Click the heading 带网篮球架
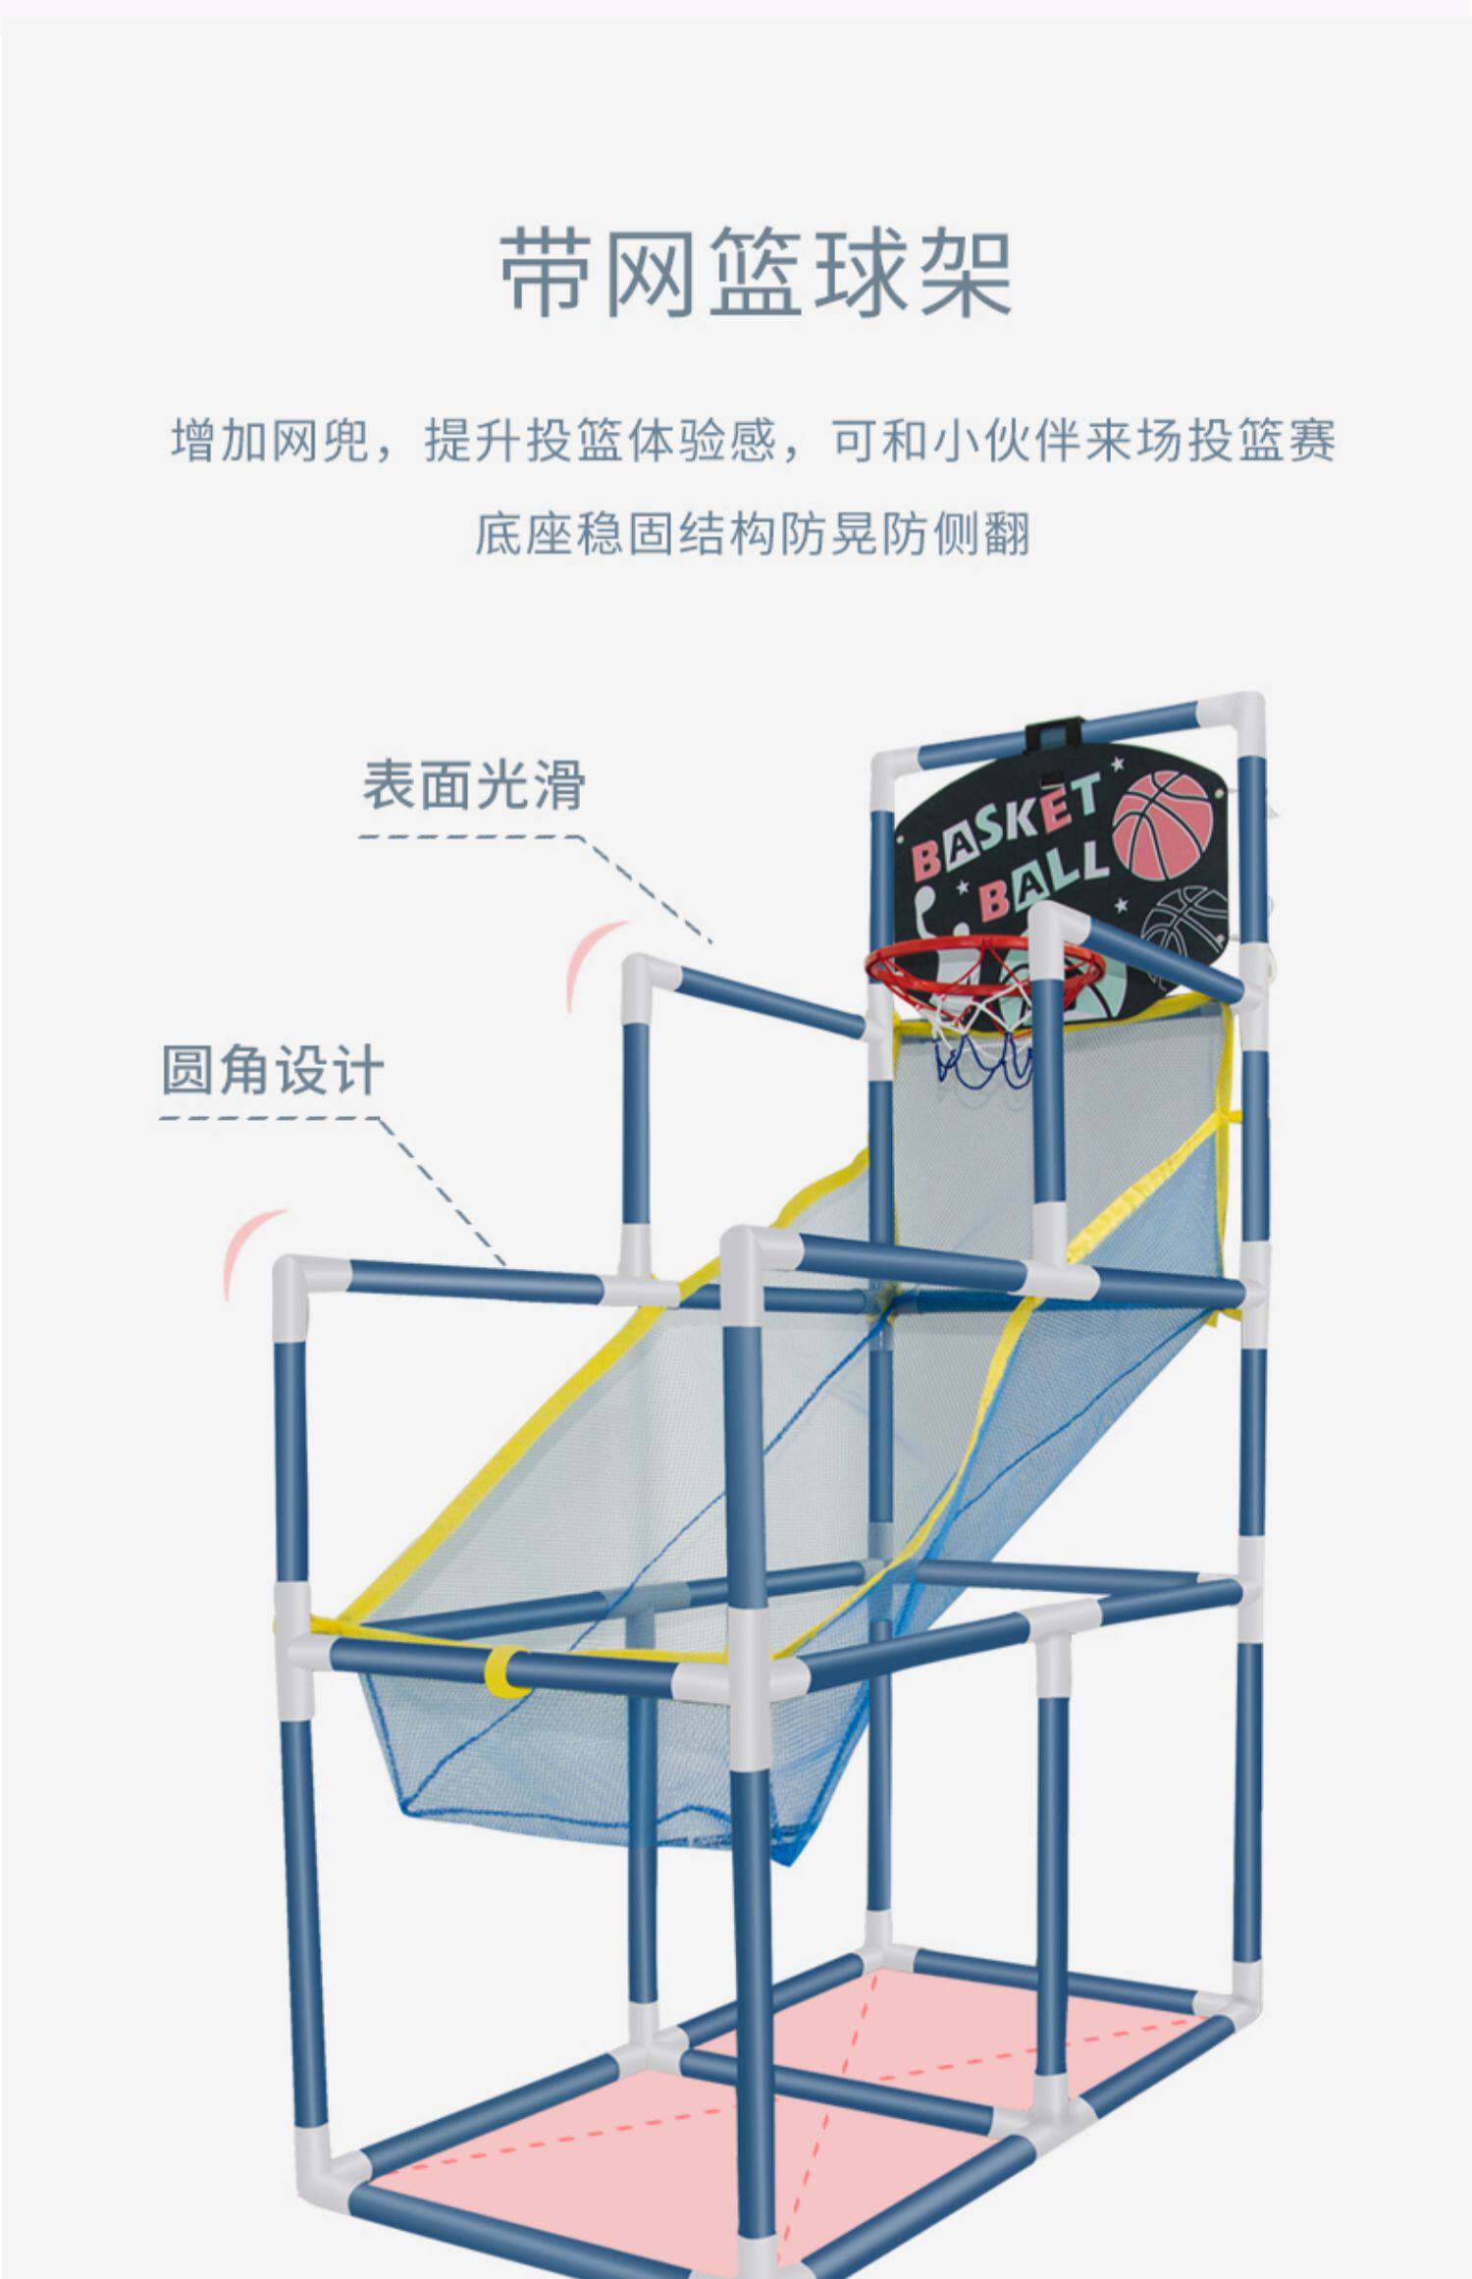756,273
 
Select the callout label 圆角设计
272,1069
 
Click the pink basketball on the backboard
1164,824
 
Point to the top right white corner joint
1234,721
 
